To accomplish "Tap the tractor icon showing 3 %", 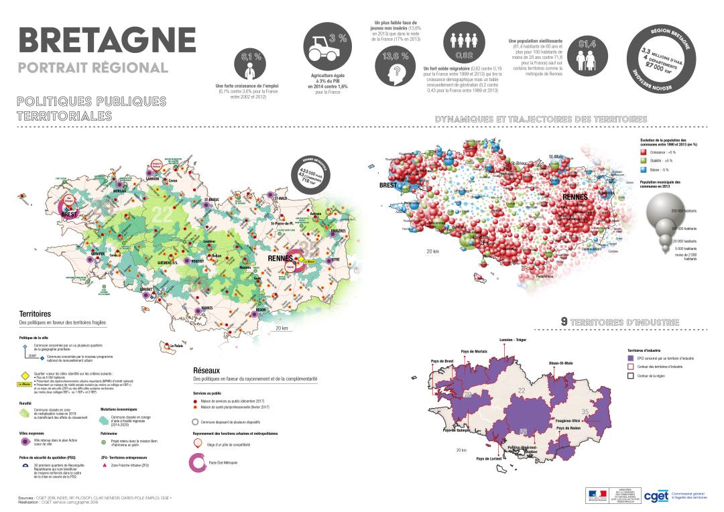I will [324, 46].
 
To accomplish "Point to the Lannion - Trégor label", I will [514, 340].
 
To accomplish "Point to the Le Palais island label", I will [176, 346].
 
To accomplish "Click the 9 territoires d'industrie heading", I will [619, 322].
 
